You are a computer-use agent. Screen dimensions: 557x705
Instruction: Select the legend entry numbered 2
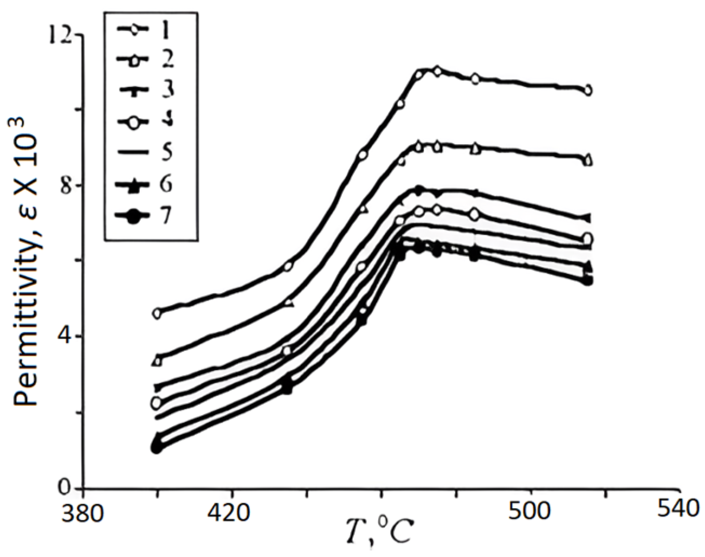(x=146, y=59)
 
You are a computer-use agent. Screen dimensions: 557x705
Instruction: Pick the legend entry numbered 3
(x=146, y=90)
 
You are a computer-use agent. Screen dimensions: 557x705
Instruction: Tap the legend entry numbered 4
(x=146, y=121)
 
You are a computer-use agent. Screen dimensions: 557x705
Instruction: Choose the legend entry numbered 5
(x=146, y=152)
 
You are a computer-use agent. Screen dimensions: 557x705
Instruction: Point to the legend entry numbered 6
(x=146, y=184)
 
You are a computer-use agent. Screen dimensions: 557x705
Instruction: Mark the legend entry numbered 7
(x=146, y=216)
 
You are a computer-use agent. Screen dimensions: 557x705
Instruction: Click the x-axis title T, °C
(x=379, y=533)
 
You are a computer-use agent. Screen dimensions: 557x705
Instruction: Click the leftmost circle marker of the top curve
(x=157, y=313)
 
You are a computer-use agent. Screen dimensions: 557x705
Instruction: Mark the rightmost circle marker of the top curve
(x=587, y=90)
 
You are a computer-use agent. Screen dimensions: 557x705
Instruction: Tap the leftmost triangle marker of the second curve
(x=157, y=361)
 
